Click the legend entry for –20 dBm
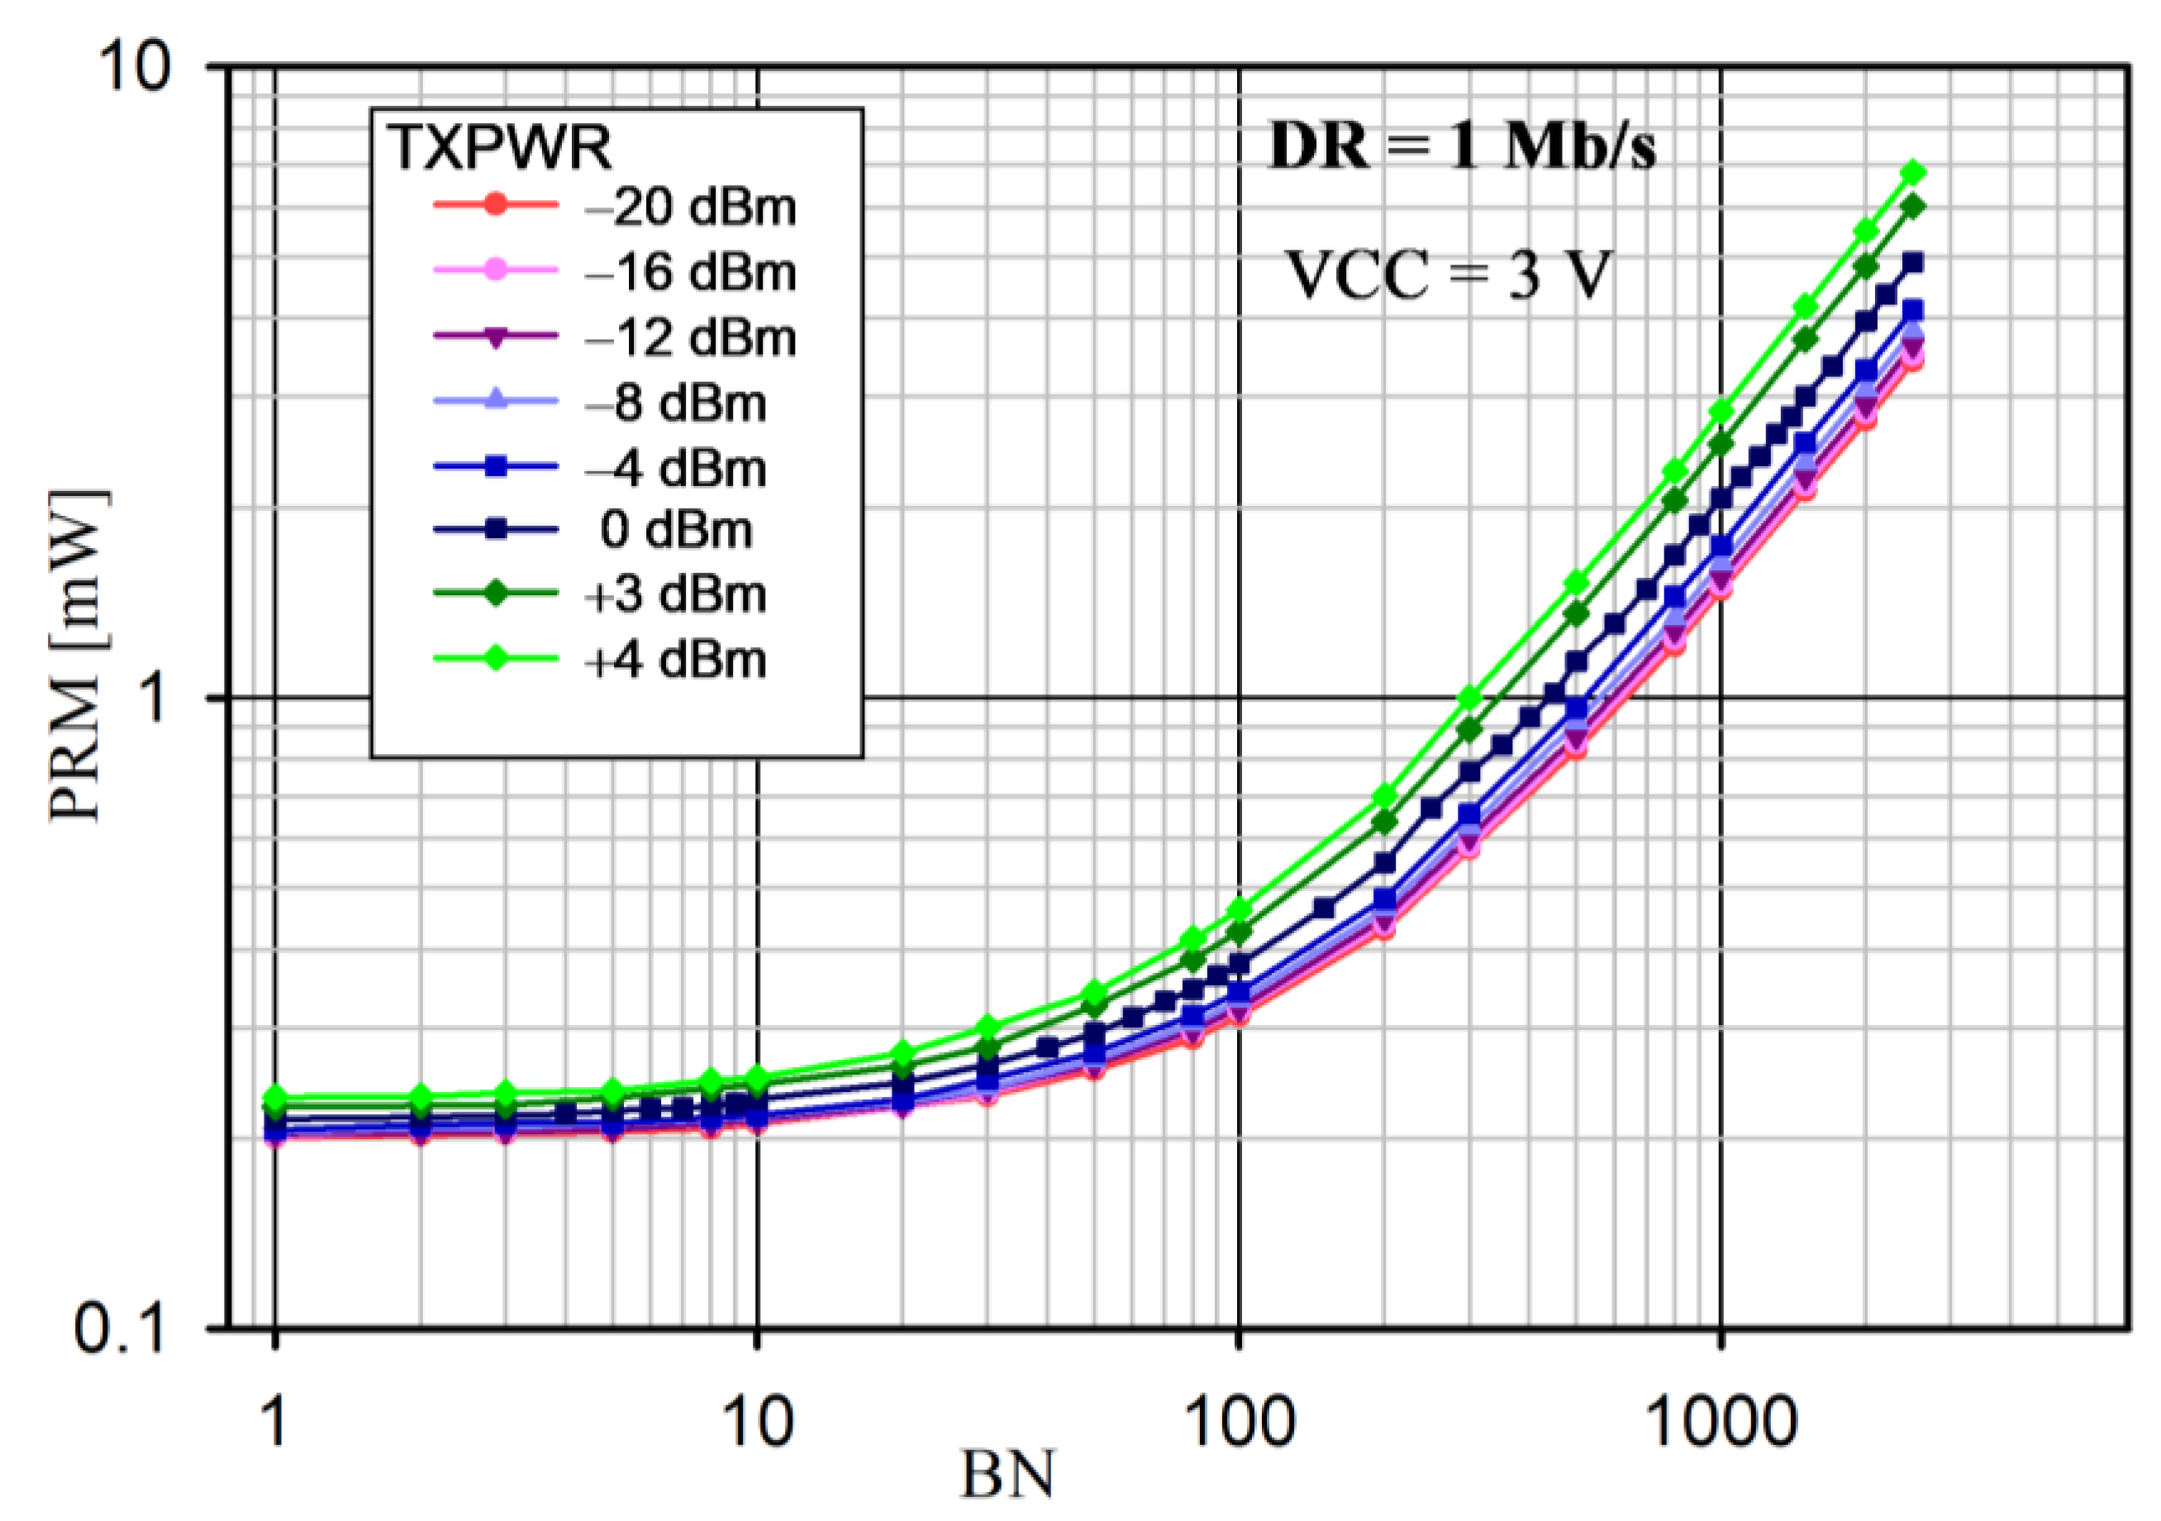coord(690,206)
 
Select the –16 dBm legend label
coord(690,272)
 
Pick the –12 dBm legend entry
coord(690,337)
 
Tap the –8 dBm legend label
coord(675,403)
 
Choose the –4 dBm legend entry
coord(675,468)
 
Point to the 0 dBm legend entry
coord(675,530)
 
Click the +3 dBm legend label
coord(675,595)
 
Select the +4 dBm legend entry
coord(675,660)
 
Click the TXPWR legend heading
coord(500,147)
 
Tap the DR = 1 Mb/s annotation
coord(1462,148)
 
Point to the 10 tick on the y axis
coord(136,68)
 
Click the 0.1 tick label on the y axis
coord(121,1330)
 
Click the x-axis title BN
coord(1007,1475)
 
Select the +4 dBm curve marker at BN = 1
coord(275,1098)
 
